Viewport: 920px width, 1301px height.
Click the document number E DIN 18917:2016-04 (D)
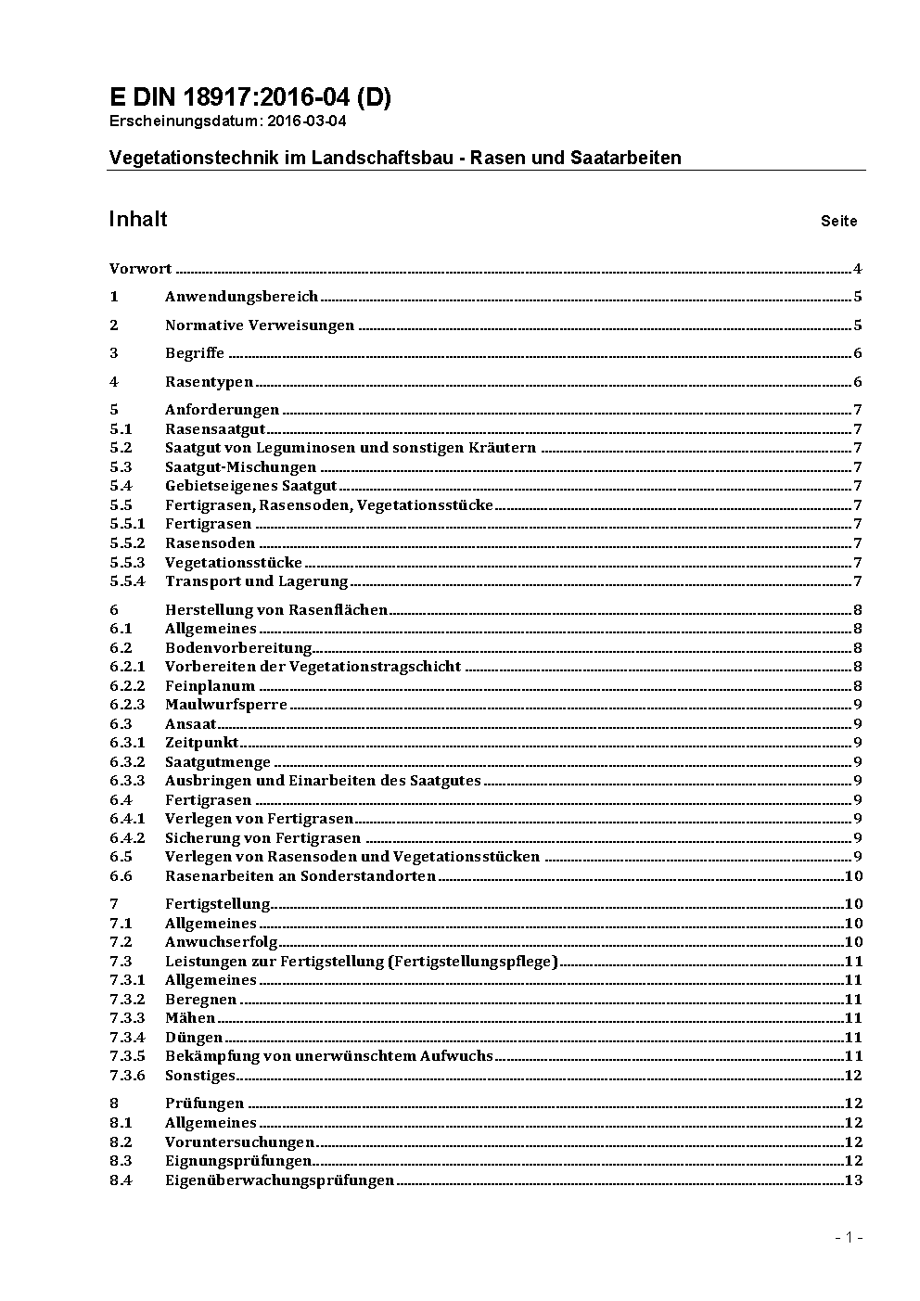[250, 97]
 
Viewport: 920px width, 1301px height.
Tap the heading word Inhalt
[138, 219]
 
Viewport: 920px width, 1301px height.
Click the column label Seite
[838, 221]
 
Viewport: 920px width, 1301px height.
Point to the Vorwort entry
[140, 269]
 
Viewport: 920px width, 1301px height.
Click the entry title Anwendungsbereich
[241, 297]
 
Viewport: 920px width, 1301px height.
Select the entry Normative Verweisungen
[260, 325]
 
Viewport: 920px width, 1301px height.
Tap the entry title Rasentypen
[209, 382]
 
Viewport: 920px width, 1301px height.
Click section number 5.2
[121, 448]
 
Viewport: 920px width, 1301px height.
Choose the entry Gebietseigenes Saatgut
[251, 486]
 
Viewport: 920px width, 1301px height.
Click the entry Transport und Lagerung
[256, 581]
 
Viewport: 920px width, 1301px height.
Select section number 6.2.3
[127, 705]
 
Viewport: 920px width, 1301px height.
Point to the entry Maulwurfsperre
[226, 705]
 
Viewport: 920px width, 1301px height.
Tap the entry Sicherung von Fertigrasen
[262, 838]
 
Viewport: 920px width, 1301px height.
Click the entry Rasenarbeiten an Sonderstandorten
[300, 876]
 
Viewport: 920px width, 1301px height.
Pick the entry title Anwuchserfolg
[222, 942]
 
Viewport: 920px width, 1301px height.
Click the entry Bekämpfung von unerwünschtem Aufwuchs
[329, 1056]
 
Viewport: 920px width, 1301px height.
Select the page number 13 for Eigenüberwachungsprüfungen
[853, 1180]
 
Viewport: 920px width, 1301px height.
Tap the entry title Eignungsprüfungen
[238, 1161]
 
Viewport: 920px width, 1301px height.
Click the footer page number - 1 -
[849, 1237]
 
